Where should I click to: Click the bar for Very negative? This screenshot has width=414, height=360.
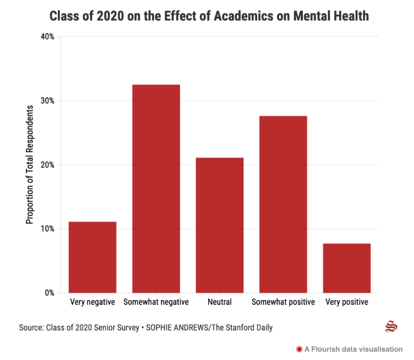point(93,257)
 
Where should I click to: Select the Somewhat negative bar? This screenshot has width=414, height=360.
point(156,189)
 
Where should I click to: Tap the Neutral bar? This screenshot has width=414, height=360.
point(220,225)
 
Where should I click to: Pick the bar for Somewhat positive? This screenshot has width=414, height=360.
point(283,205)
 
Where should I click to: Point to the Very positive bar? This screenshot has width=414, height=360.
point(346,268)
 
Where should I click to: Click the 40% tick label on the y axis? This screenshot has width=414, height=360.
point(46,37)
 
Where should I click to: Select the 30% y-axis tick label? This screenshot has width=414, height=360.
point(46,101)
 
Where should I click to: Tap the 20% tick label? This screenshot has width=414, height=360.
point(46,165)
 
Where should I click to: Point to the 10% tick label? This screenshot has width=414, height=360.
point(46,229)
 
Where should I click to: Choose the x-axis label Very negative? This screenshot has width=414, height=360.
point(93,302)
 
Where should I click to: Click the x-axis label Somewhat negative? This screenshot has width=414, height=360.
point(156,302)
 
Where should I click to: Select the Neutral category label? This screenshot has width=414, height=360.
point(220,302)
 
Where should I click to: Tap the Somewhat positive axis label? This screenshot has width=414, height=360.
point(283,302)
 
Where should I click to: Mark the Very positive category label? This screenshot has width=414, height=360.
point(346,302)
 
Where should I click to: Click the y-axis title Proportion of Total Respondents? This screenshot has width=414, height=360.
point(30,164)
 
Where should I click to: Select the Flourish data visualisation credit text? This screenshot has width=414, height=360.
point(355,349)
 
